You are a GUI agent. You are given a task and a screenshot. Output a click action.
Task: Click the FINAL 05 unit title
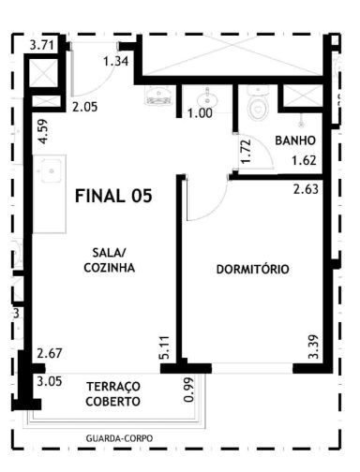click(x=113, y=197)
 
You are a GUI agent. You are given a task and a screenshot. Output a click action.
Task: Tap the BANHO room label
click(x=295, y=140)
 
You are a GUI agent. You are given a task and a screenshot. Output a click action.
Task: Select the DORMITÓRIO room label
click(x=252, y=269)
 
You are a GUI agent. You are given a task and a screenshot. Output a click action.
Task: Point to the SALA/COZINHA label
click(x=110, y=260)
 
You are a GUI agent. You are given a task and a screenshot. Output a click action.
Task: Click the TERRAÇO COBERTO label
click(x=113, y=394)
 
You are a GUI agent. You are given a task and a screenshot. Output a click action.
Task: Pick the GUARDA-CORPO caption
click(x=119, y=438)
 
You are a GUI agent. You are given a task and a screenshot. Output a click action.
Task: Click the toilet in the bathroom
click(x=258, y=103)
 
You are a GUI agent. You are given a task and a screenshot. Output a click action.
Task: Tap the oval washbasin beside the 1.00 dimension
click(x=207, y=98)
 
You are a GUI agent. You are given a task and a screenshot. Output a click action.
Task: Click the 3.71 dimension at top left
click(x=42, y=45)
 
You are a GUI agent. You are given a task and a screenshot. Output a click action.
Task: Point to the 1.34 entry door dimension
click(x=116, y=61)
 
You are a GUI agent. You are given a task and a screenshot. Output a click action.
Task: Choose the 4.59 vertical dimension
click(x=44, y=131)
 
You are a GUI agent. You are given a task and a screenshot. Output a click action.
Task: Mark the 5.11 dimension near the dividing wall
click(x=165, y=347)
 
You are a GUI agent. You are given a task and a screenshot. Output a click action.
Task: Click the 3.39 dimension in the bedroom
click(x=313, y=347)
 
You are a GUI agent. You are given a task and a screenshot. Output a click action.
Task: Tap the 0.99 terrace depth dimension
click(x=189, y=391)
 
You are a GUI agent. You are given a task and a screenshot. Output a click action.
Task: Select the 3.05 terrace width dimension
click(x=50, y=381)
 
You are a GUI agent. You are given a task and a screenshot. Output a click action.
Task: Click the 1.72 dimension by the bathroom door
click(x=246, y=151)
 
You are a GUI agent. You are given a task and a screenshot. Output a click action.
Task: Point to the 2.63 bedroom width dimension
click(x=306, y=189)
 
